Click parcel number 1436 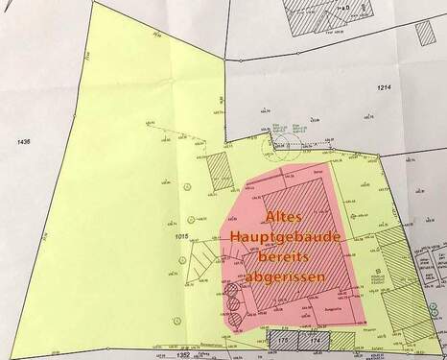click(15, 142)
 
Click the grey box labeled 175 click(283, 340)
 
